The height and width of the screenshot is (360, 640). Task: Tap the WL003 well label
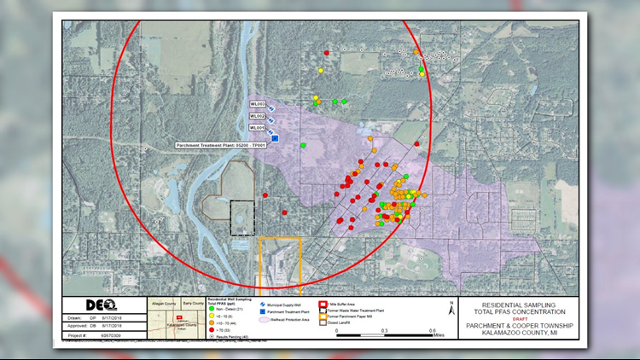click(x=257, y=104)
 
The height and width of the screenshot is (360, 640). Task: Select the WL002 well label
click(x=257, y=116)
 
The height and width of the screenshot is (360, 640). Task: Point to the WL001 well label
click(x=257, y=128)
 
